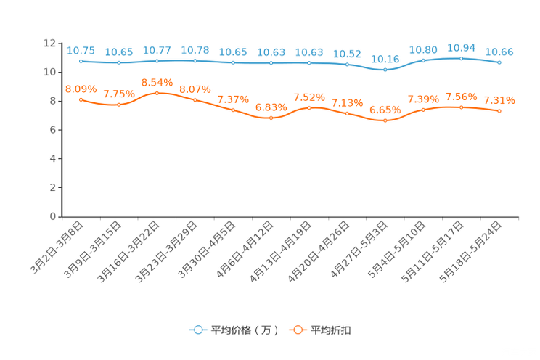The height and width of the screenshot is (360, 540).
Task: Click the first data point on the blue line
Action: click(81, 61)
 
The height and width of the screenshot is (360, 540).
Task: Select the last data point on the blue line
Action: click(499, 63)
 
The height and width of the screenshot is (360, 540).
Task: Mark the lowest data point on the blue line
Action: click(385, 70)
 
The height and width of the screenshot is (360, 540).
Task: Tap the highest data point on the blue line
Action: click(461, 57)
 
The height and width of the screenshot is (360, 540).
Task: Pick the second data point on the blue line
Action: click(119, 63)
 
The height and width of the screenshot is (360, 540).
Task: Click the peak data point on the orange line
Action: click(157, 93)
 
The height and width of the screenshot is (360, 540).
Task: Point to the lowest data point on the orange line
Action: click(385, 120)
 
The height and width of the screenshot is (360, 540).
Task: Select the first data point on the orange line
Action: click(81, 99)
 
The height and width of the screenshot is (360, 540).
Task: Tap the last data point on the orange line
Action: click(499, 110)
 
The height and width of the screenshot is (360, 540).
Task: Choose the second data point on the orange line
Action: click(119, 105)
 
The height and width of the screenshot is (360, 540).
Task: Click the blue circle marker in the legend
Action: click(197, 330)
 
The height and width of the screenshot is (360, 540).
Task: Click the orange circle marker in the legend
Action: click(297, 330)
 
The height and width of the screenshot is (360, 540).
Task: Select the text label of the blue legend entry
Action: click(244, 330)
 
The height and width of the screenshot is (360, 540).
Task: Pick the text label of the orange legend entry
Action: click(332, 330)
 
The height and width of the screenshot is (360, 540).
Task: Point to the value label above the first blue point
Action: click(81, 50)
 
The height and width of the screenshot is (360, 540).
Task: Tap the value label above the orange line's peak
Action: click(157, 81)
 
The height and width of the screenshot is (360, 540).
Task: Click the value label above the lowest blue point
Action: click(385, 59)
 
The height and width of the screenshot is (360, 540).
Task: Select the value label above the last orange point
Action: click(499, 100)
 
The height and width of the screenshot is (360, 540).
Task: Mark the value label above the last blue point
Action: click(499, 52)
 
